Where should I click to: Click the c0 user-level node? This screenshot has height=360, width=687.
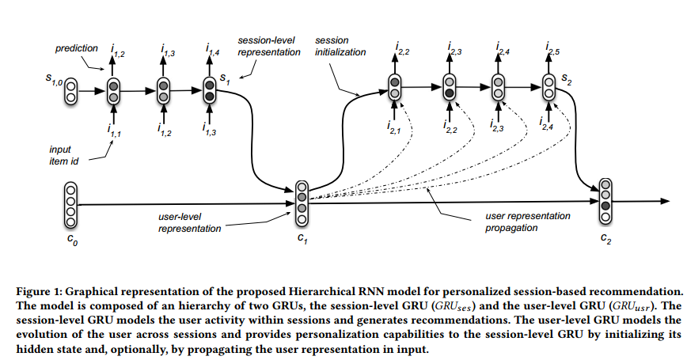point(71,204)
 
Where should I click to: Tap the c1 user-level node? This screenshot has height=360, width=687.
point(301,201)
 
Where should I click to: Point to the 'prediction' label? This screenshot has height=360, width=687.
point(76,48)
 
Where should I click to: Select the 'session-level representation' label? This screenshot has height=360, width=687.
point(269,46)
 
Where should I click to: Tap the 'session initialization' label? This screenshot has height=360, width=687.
point(341,46)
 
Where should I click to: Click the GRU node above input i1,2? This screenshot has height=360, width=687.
point(163,90)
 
